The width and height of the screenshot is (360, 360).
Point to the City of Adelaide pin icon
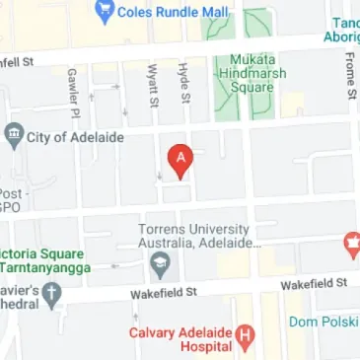pos(14,134)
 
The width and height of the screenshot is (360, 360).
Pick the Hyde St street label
pos(183,85)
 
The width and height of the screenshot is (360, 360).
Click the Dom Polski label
pos(323,322)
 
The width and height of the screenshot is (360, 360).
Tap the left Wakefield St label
pos(165,293)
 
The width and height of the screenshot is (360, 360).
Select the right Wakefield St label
pos(313,283)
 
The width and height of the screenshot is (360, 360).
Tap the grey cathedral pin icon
pos(53,293)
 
